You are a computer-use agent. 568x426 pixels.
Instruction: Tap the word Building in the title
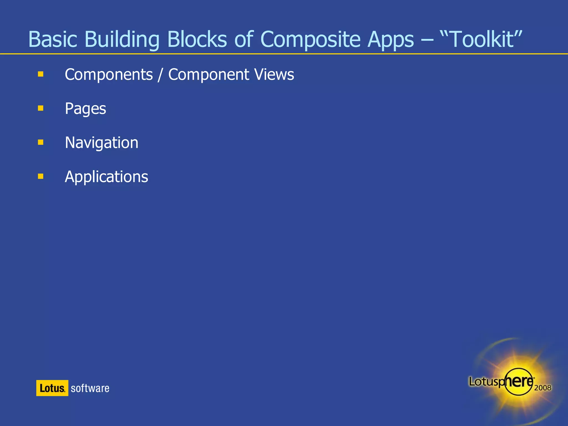tap(122, 39)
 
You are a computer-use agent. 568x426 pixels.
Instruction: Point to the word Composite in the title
tap(310, 39)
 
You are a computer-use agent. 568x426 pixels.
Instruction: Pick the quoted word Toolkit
tap(481, 39)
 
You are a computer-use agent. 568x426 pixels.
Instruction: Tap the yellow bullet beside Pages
tap(41, 108)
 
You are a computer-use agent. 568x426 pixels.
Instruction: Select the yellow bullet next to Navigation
tap(41, 142)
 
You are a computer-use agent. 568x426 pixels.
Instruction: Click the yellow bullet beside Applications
tap(41, 176)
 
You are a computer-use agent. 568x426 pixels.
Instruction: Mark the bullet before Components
tap(41, 74)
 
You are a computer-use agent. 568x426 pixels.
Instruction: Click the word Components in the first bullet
tap(109, 75)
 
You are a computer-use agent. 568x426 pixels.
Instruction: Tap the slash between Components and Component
tap(160, 75)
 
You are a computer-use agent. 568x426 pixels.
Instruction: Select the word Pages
tap(85, 108)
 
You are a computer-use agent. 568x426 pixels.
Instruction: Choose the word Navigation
tap(102, 143)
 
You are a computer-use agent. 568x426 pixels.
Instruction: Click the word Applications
tap(106, 177)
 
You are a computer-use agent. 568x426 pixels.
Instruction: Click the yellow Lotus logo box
tap(52, 388)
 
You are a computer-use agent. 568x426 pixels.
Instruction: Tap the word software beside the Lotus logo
tap(90, 388)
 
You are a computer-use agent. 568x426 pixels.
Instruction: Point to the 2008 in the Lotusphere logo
tap(542, 387)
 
